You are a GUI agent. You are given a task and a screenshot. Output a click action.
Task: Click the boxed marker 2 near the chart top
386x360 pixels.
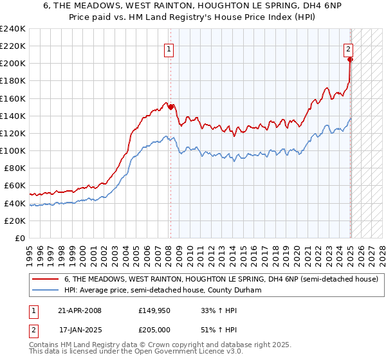click(x=347, y=48)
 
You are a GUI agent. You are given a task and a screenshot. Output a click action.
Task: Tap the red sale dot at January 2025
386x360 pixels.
click(x=351, y=60)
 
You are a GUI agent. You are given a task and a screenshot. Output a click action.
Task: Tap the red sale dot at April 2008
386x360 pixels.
click(x=170, y=107)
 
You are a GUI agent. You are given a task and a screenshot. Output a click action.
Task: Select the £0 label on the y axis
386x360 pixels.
click(x=19, y=238)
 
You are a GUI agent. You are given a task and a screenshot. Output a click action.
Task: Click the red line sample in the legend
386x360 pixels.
click(x=46, y=278)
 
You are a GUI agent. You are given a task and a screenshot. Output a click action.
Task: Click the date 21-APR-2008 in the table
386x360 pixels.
click(x=80, y=310)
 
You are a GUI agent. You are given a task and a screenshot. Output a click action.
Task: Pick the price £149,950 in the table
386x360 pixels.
click(x=155, y=310)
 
